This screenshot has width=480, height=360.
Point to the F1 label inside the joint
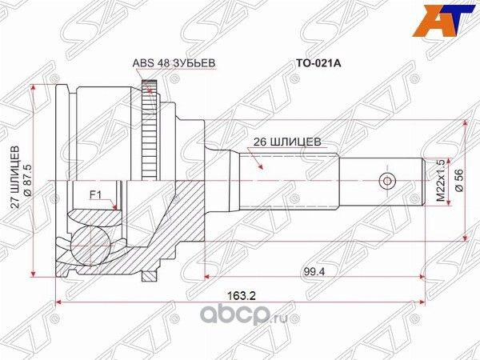point(94,193)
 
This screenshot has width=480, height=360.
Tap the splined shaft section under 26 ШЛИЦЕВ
point(288,180)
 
